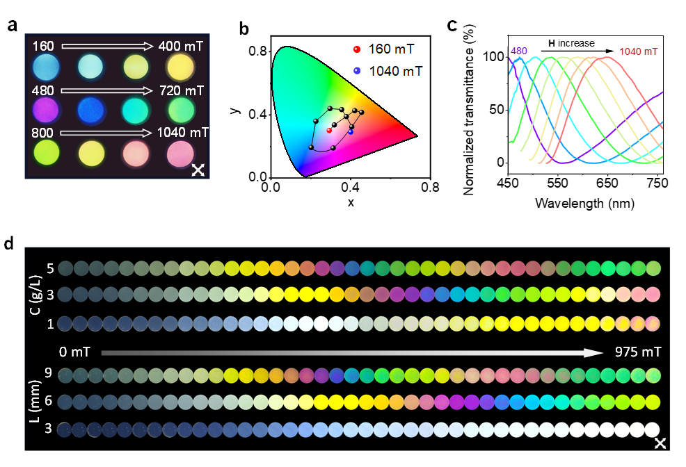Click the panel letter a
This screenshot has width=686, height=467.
coord(12,27)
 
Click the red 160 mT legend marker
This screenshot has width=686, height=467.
coord(357,50)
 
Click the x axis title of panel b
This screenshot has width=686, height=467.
coord(351,202)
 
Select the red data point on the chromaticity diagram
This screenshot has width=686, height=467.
coord(329,130)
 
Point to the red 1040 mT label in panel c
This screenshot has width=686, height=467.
coord(638,51)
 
